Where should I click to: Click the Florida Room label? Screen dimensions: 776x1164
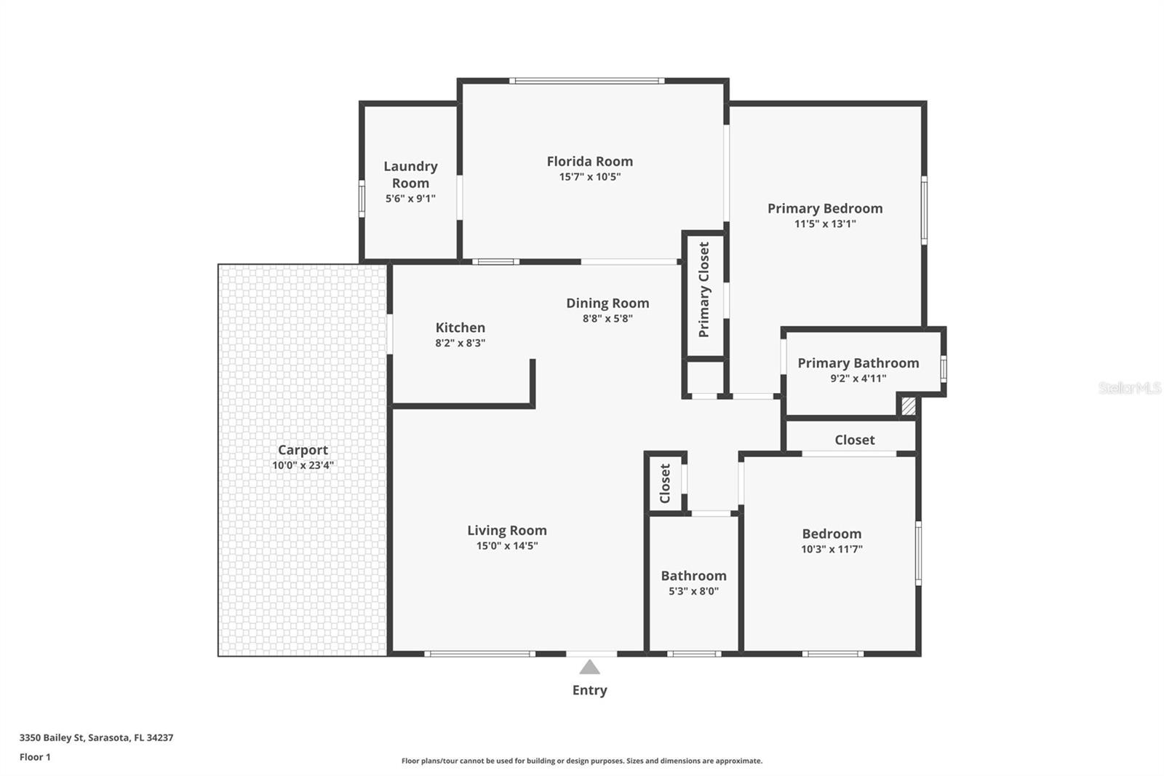[x=589, y=162]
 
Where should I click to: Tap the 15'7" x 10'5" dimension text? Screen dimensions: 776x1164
[x=589, y=177]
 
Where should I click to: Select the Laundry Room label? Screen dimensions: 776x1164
[x=410, y=175]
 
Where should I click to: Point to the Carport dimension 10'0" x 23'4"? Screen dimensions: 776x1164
[x=303, y=465]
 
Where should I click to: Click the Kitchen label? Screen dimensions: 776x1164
[x=460, y=328]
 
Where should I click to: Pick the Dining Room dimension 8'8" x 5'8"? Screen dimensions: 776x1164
[x=607, y=318]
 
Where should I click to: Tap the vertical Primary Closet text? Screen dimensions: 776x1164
[x=703, y=290]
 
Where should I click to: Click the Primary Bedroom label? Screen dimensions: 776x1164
[x=825, y=208]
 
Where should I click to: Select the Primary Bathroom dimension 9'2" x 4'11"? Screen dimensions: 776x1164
[x=858, y=379]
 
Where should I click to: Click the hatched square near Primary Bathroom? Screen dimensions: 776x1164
[x=908, y=405]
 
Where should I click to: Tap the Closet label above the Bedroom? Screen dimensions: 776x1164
[x=854, y=440]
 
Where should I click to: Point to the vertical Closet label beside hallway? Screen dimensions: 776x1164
[x=665, y=483]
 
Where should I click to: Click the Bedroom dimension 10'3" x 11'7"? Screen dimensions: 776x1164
[x=832, y=550]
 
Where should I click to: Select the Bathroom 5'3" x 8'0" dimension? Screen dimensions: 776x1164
[x=693, y=591]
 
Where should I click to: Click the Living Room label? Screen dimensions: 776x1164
[x=506, y=531]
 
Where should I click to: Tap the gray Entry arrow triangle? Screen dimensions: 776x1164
[x=589, y=667]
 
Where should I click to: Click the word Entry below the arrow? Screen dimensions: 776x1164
[x=589, y=690]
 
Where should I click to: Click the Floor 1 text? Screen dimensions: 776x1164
[x=35, y=757]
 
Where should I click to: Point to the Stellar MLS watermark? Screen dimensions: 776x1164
[x=1129, y=388]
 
